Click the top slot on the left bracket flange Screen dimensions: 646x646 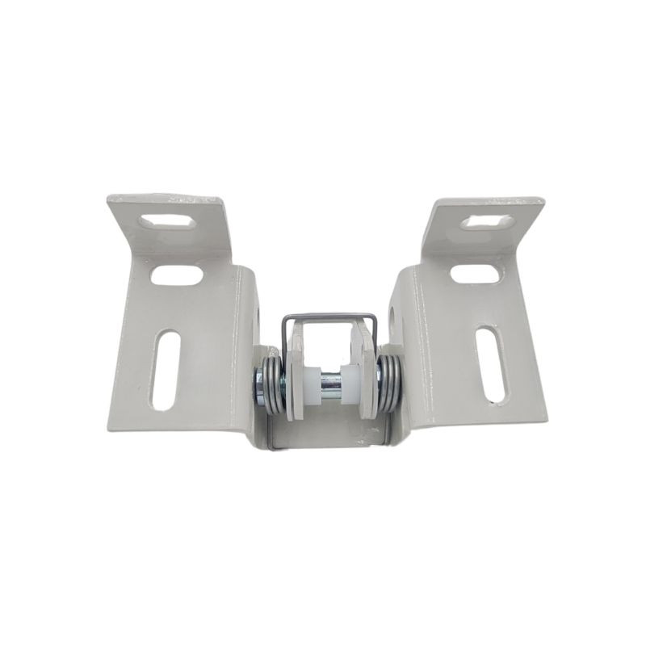coord(170,220)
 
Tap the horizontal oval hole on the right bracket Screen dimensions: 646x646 coord(474,273)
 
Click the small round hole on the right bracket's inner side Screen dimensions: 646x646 coord(395,320)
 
